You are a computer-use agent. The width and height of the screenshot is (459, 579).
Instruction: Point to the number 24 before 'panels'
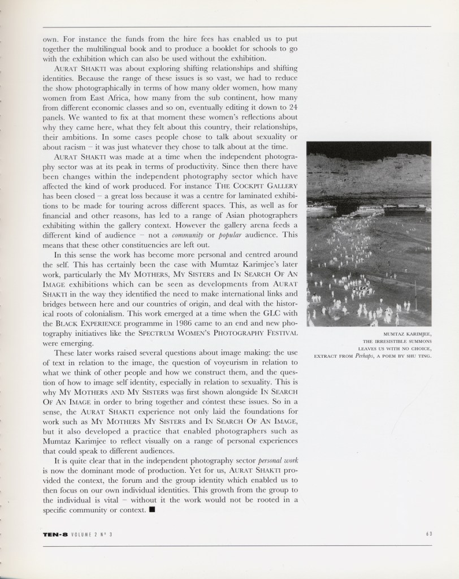coord(293,107)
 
